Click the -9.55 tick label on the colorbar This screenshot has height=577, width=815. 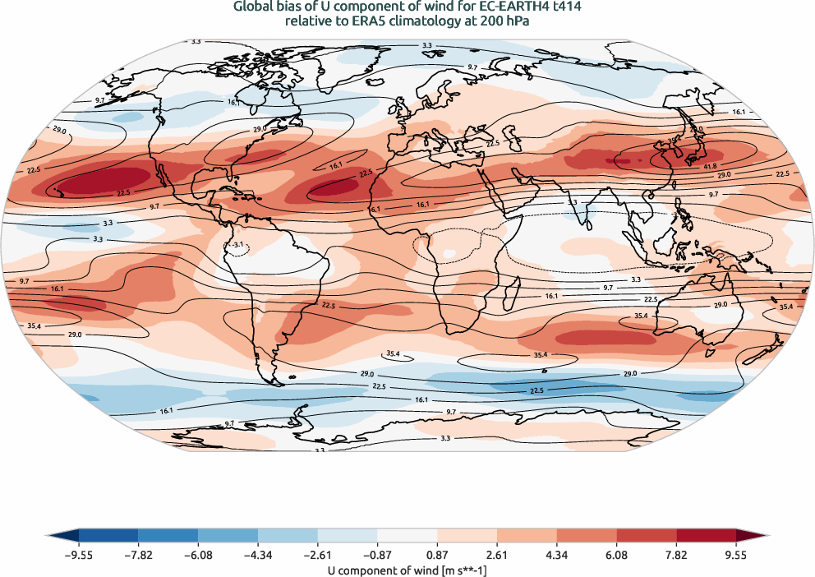point(78,555)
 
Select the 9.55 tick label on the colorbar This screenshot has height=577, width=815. point(735,555)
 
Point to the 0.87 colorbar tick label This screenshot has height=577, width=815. point(437,555)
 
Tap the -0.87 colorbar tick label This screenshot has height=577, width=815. point(376,555)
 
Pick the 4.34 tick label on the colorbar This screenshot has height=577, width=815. point(556,555)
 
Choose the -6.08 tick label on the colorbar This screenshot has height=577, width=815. point(197,555)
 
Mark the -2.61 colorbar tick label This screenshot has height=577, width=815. point(317,555)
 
